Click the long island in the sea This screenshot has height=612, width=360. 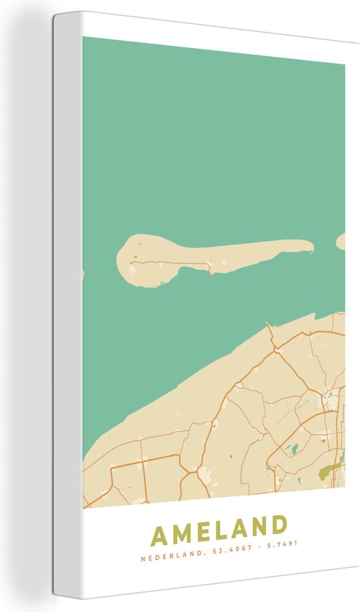click(211, 255)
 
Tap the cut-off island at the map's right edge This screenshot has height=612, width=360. click(340, 241)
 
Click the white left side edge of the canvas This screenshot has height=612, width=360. click(66, 306)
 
